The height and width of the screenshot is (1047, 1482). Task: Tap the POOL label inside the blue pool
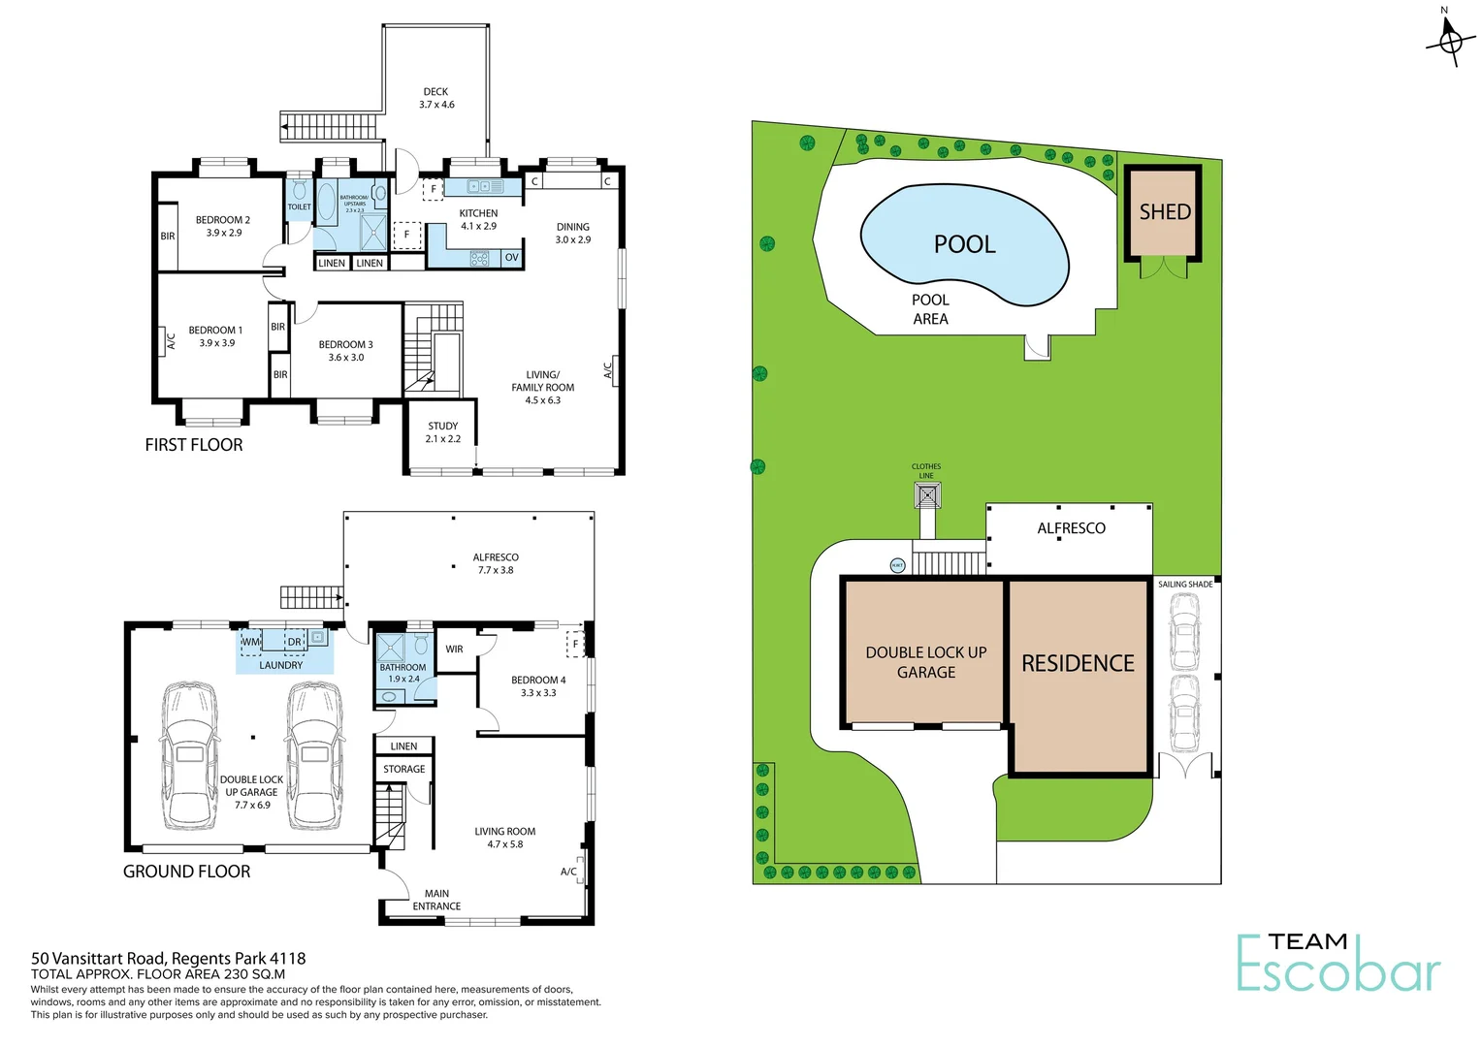tap(964, 244)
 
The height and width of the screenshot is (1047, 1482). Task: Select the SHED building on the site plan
tap(1164, 212)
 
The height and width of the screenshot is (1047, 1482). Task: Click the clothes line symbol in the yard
tap(927, 496)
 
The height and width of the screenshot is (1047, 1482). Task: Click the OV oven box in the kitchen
tap(511, 258)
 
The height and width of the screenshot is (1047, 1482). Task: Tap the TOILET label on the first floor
tap(299, 206)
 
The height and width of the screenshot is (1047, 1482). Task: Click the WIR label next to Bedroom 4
tap(454, 650)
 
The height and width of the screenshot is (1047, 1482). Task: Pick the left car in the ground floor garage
tap(190, 756)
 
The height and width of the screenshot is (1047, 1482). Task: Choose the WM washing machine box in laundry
tap(250, 642)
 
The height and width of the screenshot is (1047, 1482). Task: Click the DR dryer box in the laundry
tap(294, 642)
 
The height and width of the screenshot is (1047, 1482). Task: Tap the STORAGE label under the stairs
tap(403, 769)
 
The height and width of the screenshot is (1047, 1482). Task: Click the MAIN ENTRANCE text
tap(436, 901)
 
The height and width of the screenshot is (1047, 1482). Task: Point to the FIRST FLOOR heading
tap(194, 445)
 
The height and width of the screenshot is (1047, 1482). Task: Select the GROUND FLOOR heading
tap(186, 872)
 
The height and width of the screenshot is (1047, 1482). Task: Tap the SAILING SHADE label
tap(1185, 585)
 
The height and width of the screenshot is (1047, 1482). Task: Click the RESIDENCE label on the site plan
tap(1078, 663)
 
